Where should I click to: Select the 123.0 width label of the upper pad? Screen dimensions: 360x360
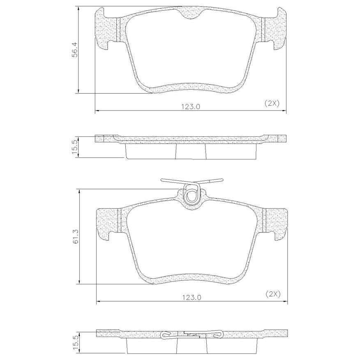pyautogui.click(x=191, y=107)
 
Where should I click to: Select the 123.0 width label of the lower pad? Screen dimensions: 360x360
pyautogui.click(x=192, y=298)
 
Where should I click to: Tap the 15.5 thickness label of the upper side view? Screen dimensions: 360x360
pyautogui.click(x=75, y=148)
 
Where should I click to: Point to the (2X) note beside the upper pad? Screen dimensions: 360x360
pyautogui.click(x=272, y=104)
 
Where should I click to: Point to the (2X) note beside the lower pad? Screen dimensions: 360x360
pyautogui.click(x=273, y=294)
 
